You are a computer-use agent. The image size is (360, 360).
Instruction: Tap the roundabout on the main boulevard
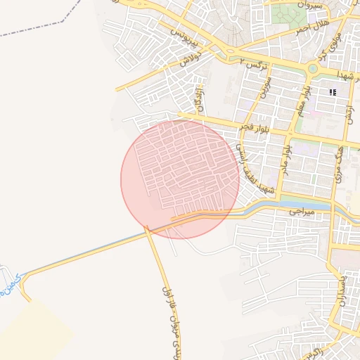(x=312, y=69)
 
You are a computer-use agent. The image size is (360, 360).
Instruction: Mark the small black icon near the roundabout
(x=333, y=92)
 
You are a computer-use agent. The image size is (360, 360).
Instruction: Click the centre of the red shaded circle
(x=180, y=179)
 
